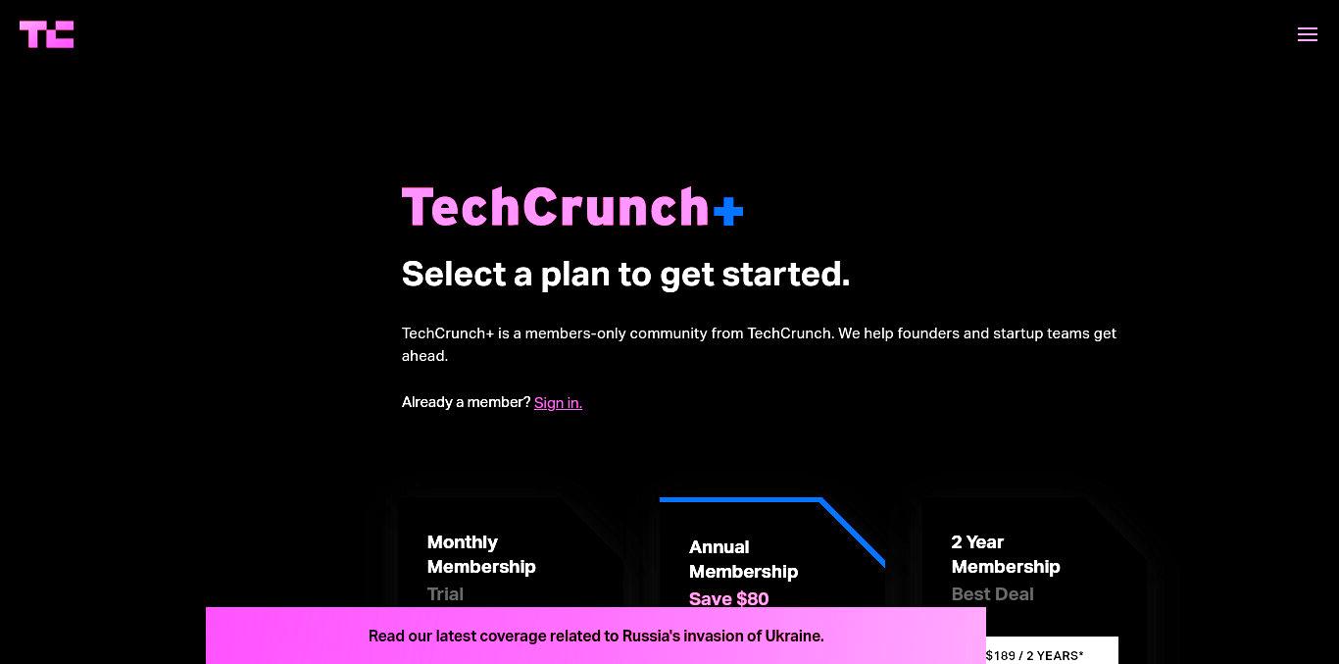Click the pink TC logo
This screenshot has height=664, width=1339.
click(x=47, y=34)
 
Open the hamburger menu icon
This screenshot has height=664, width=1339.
click(x=1308, y=34)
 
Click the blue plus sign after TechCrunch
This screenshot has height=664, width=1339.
click(x=728, y=211)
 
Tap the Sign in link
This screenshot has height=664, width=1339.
click(x=558, y=402)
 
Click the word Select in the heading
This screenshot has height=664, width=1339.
click(x=454, y=275)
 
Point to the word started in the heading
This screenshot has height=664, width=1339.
click(x=785, y=275)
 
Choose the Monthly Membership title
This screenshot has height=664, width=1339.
click(x=481, y=554)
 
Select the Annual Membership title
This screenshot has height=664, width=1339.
click(x=743, y=559)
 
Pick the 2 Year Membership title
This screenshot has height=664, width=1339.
click(x=1006, y=554)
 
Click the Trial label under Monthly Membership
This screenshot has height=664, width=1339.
click(x=445, y=594)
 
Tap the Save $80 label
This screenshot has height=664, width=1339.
click(x=728, y=599)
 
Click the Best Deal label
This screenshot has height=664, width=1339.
click(x=992, y=594)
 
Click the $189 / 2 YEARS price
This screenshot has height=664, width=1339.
click(x=1035, y=655)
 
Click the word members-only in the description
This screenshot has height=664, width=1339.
click(x=574, y=333)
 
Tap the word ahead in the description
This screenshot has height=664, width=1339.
click(x=424, y=356)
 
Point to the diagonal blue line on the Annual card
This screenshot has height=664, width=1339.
click(x=853, y=532)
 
